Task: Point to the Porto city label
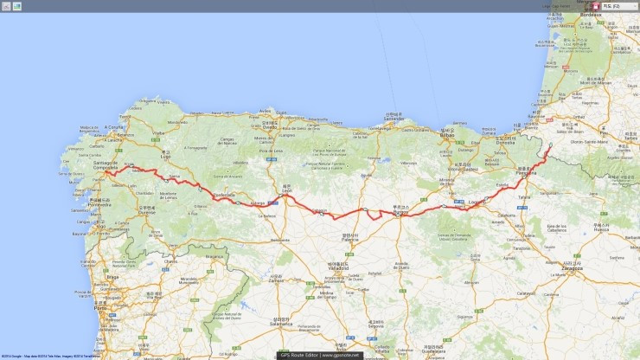pos(101,307)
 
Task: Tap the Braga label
pos(112,278)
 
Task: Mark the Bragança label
pos(213,256)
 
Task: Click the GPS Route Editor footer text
pos(318,355)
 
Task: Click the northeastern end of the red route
pos(551,145)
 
